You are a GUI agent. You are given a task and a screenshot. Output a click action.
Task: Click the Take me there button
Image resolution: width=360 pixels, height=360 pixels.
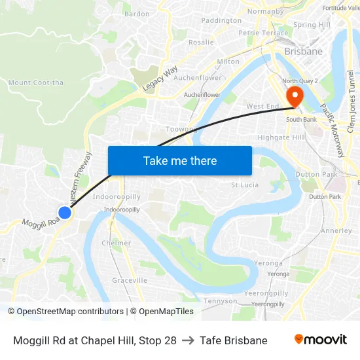click(x=180, y=160)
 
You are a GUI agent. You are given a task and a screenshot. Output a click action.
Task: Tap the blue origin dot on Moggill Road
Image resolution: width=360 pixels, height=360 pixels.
click(x=64, y=213)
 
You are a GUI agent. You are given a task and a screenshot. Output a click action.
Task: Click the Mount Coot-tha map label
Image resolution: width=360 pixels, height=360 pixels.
click(x=36, y=82)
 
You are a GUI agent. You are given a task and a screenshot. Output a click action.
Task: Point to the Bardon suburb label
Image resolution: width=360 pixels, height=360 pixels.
click(x=137, y=13)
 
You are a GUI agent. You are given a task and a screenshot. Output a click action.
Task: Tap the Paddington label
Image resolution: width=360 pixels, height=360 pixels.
click(x=221, y=20)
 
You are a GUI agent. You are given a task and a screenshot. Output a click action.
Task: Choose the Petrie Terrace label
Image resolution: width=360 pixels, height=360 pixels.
click(x=263, y=33)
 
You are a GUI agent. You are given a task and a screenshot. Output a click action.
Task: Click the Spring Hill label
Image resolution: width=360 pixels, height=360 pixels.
click(x=312, y=25)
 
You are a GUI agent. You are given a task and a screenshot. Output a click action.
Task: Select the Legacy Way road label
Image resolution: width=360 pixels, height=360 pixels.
click(x=160, y=78)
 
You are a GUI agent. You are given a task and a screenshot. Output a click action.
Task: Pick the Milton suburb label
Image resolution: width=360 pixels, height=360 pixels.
click(x=228, y=62)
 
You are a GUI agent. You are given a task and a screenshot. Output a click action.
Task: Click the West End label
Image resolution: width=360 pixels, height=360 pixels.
click(x=262, y=106)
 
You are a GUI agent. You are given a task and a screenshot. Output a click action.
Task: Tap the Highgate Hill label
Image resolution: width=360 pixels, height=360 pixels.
click(x=281, y=137)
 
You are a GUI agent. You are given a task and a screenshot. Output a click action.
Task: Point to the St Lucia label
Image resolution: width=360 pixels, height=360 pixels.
click(x=245, y=185)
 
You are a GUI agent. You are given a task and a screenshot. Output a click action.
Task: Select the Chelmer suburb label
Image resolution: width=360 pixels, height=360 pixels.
click(x=116, y=243)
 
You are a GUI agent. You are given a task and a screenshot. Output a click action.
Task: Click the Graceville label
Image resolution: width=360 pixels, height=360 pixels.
click(x=130, y=280)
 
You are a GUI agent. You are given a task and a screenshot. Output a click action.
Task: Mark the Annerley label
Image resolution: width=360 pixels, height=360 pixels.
click(x=337, y=230)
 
